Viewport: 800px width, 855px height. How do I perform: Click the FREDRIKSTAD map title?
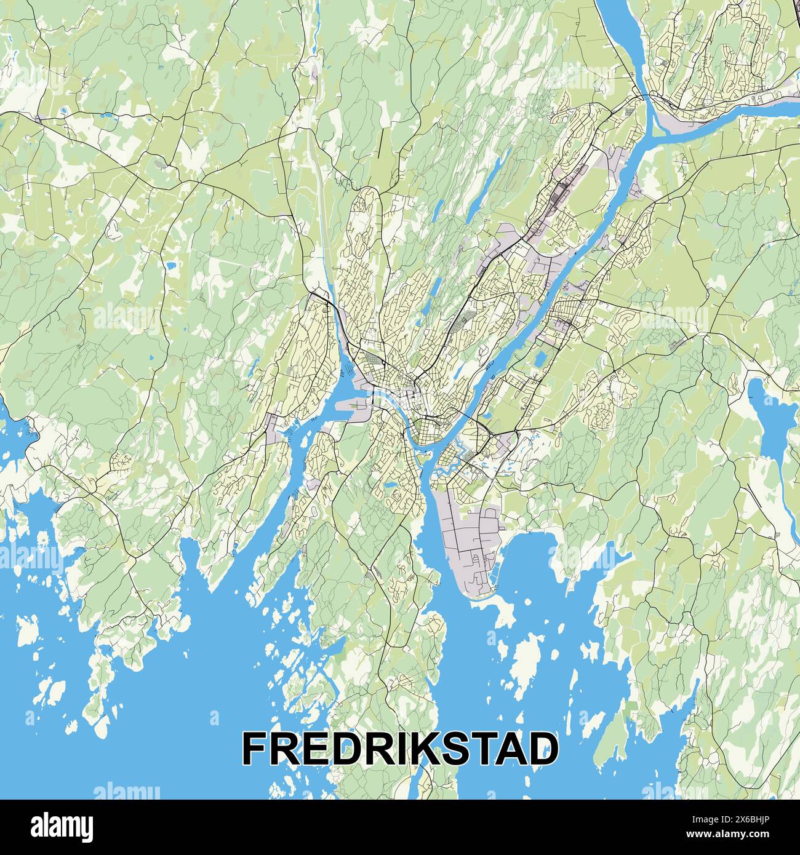click(400, 748)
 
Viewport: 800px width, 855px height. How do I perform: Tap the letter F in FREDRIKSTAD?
click(256, 748)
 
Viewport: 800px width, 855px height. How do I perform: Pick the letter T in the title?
click(479, 748)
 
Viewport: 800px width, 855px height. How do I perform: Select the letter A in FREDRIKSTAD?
click(508, 748)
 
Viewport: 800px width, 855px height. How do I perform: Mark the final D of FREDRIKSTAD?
click(542, 748)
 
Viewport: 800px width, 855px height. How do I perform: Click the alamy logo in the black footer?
click(63, 825)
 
